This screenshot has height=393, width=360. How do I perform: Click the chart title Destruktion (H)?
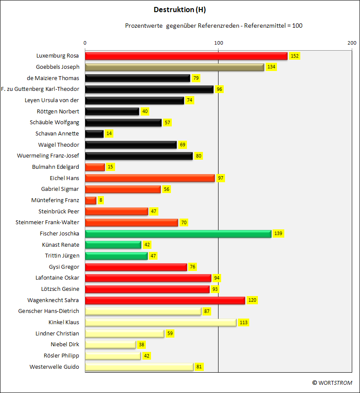tap(180, 10)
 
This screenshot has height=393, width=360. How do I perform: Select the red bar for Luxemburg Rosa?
tap(186, 56)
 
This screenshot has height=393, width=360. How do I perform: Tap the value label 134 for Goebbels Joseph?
tap(271, 67)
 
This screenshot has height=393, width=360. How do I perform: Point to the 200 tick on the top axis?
tap(352, 43)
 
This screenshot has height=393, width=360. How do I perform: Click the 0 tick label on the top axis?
tap(85, 43)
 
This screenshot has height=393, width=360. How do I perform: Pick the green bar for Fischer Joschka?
tap(178, 234)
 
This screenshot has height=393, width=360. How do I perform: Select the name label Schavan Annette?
tap(57, 134)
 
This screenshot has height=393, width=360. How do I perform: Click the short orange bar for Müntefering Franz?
tap(91, 200)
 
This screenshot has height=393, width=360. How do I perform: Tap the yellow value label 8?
tap(101, 200)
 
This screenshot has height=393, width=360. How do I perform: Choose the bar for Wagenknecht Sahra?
tap(165, 300)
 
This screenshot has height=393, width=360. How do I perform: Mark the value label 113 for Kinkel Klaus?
tap(244, 322)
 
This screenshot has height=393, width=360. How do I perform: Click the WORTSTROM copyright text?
tap(332, 383)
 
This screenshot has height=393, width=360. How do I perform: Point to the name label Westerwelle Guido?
tap(54, 367)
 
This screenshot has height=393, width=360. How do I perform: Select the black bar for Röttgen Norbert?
tap(112, 112)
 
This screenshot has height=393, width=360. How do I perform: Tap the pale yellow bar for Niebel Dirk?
tap(110, 345)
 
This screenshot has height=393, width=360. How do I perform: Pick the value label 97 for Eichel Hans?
tap(221, 178)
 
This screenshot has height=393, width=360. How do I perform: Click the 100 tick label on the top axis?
tap(219, 43)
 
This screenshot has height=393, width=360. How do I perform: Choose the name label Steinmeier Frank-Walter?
tap(47, 222)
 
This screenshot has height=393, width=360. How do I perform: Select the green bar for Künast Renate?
tap(113, 245)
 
